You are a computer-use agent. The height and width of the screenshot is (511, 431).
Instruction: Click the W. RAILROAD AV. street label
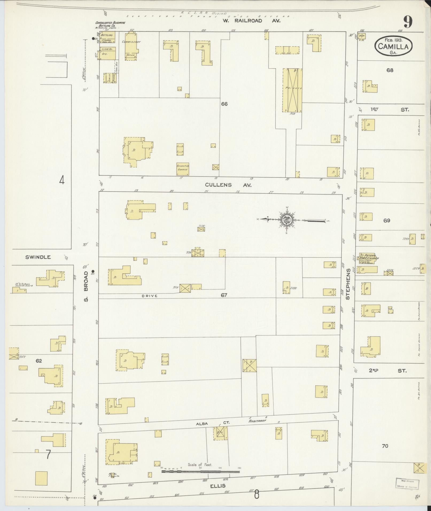tap(251, 21)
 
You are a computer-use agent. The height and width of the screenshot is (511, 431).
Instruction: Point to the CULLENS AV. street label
tap(228, 185)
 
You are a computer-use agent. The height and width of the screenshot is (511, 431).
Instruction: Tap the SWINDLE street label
tap(38, 257)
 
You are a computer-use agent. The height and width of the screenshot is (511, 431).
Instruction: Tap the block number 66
tap(224, 104)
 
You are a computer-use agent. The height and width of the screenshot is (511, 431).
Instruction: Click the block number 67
tap(224, 295)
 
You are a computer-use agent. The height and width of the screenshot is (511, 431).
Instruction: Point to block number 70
tap(385, 446)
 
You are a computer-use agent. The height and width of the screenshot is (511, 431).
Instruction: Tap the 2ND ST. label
tap(387, 371)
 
